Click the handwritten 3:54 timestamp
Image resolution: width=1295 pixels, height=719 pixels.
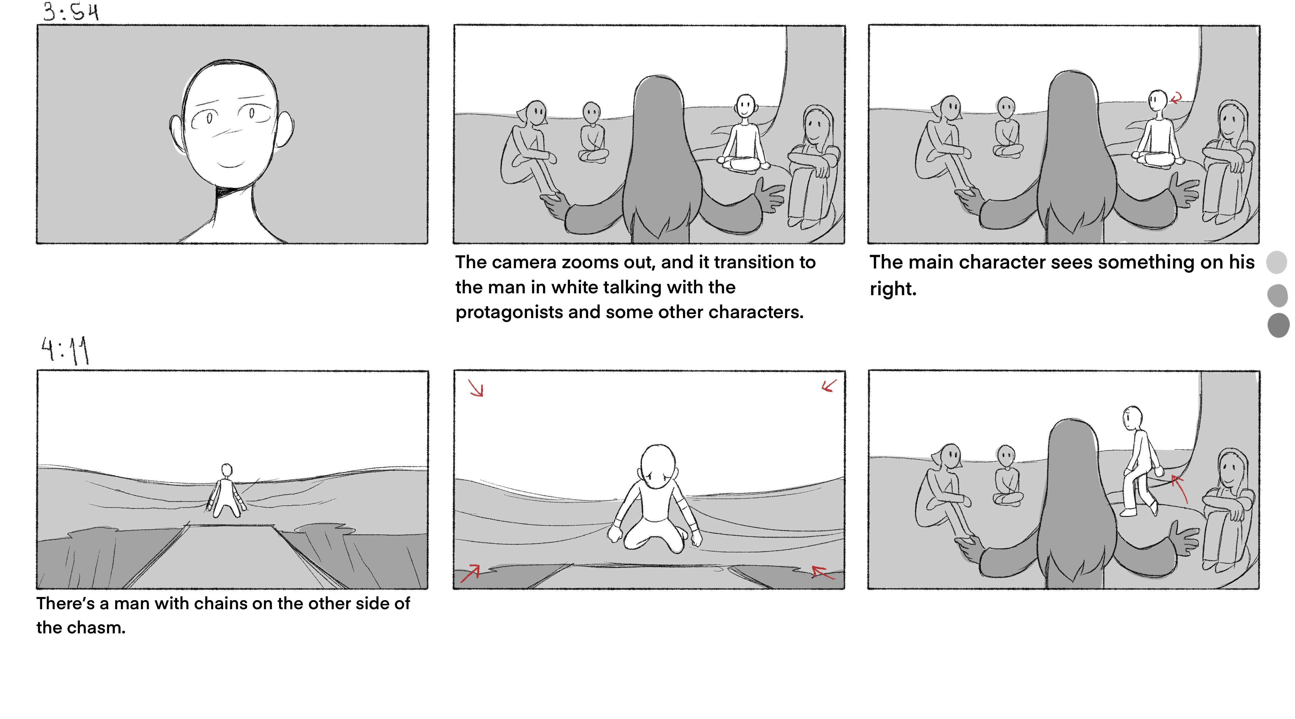click(x=70, y=12)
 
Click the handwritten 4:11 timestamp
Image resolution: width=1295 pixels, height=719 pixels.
click(x=65, y=350)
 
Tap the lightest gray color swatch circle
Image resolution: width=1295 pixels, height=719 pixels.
click(x=1277, y=262)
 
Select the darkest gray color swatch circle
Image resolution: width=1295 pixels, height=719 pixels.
click(x=1278, y=325)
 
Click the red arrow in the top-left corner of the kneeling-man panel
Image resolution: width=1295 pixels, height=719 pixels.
click(x=476, y=387)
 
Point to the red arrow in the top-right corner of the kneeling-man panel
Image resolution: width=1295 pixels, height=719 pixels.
click(x=829, y=385)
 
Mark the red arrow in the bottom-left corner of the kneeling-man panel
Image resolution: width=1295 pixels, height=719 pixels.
click(x=470, y=573)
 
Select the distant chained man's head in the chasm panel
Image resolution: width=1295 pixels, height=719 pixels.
click(x=227, y=470)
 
